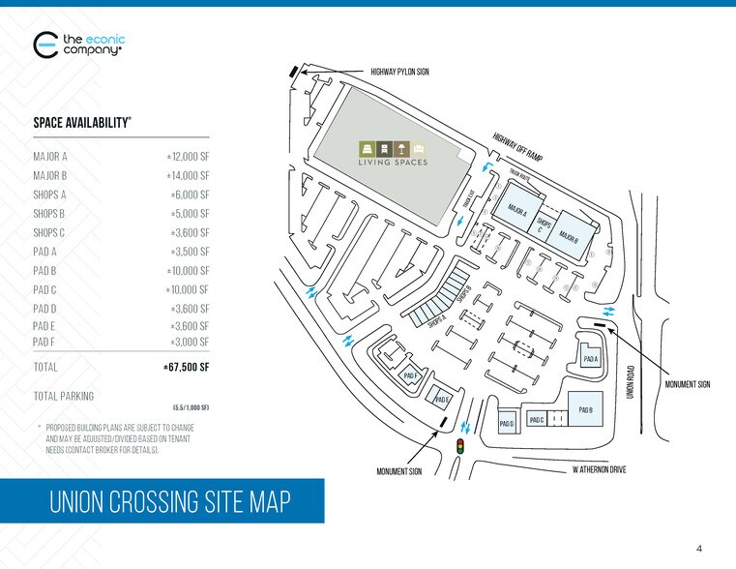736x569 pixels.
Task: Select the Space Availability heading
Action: [x=82, y=123]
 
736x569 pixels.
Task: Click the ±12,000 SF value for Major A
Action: [x=188, y=156]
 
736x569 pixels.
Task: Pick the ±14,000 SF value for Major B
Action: [x=188, y=175]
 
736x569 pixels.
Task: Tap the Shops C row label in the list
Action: [x=49, y=232]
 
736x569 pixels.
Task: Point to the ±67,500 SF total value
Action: [x=186, y=368]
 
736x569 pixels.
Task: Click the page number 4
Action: [x=699, y=550]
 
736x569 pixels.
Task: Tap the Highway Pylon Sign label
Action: [x=399, y=72]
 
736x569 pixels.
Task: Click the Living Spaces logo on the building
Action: [x=393, y=154]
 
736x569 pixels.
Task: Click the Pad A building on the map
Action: [x=591, y=359]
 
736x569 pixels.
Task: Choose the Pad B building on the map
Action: [x=584, y=409]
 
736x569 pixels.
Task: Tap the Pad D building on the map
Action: [x=507, y=423]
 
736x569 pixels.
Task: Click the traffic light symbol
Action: [x=460, y=445]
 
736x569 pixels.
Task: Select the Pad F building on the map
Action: [x=409, y=375]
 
